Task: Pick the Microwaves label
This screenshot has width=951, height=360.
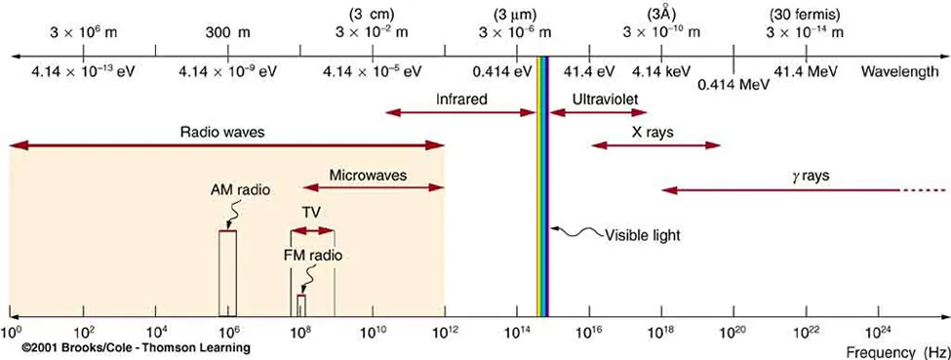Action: (368, 176)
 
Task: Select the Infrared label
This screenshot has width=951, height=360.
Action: (461, 100)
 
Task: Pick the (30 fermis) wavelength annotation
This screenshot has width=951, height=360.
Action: (805, 14)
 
